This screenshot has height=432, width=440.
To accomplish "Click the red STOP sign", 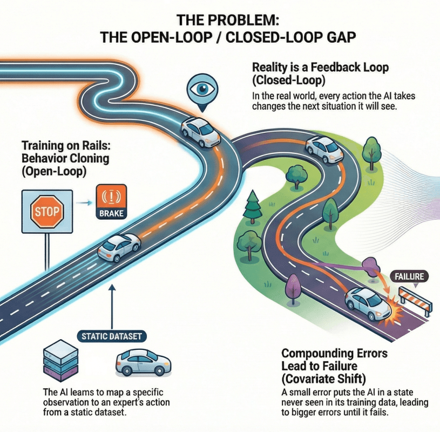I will coord(47,210).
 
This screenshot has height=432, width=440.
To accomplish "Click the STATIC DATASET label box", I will coord(112,336).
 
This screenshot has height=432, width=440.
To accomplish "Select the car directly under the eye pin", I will coord(201,131).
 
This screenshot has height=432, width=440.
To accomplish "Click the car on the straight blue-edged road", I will coord(117,247).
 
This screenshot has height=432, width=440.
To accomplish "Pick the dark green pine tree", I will coord(252,208).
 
